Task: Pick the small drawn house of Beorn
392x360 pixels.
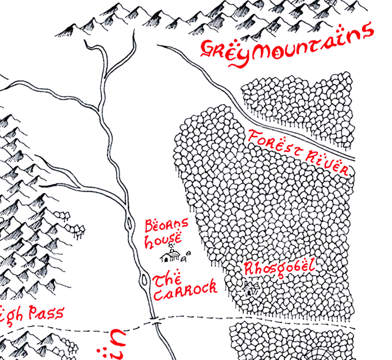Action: pyautogui.click(x=169, y=257)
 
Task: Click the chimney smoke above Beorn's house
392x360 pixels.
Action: pyautogui.click(x=171, y=248)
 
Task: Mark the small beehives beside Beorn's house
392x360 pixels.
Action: pyautogui.click(x=187, y=259)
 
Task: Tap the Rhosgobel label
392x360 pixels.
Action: pyautogui.click(x=278, y=268)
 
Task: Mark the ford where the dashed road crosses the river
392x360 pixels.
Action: pyautogui.click(x=154, y=322)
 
